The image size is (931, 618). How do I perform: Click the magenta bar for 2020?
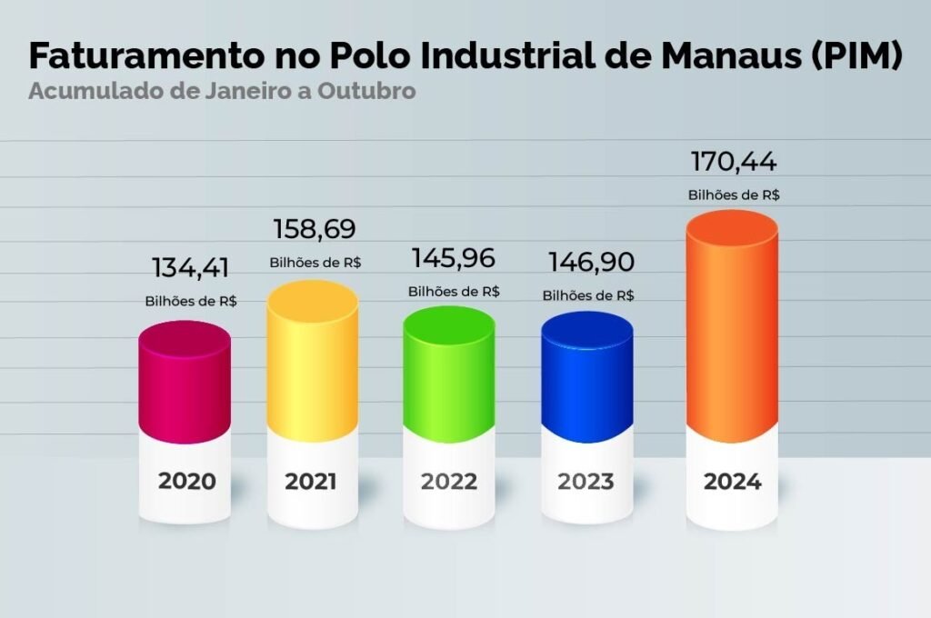tap(184, 382)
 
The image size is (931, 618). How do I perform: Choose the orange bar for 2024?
tap(732, 327)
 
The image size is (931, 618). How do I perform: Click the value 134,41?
tap(190, 268)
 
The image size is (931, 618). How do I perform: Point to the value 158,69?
tap(315, 229)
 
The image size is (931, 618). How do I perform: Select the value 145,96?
tap(453, 258)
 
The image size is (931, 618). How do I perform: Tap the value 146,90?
tap(589, 262)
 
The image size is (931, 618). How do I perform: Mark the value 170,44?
tap(733, 163)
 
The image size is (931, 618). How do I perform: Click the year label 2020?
tap(187, 481)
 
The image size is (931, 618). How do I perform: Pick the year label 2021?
tap(311, 481)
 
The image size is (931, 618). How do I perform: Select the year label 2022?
tap(448, 481)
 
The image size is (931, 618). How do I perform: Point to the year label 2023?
tap(586, 481)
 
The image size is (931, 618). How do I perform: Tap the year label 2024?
tap(732, 481)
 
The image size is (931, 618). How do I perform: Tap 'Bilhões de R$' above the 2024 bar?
tap(733, 194)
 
